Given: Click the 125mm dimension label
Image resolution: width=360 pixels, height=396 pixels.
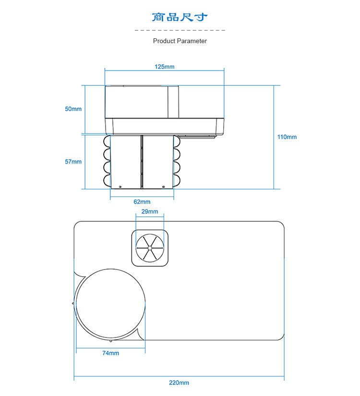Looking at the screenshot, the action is click(x=164, y=67).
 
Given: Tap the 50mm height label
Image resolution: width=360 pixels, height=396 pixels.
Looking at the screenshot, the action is click(x=73, y=109).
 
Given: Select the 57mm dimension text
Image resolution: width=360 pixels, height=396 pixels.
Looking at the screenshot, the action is click(x=73, y=162).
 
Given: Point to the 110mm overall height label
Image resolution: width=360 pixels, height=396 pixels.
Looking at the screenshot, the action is click(x=287, y=137).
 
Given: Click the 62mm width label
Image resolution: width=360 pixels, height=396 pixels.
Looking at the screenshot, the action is click(x=142, y=202).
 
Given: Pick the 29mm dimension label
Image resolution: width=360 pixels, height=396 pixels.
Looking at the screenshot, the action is click(x=150, y=211).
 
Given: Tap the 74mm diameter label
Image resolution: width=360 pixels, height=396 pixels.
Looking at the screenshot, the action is click(x=111, y=353).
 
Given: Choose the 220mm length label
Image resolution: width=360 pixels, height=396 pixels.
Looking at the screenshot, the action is click(x=179, y=383).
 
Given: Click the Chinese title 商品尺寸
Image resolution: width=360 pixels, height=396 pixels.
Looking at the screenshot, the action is click(x=180, y=17).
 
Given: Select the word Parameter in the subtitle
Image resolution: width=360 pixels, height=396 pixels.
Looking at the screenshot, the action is click(x=192, y=41).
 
